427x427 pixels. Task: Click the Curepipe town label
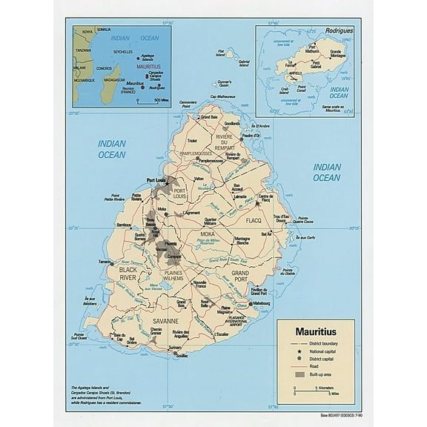pos(174,256)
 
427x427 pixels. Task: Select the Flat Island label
pos(219,53)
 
